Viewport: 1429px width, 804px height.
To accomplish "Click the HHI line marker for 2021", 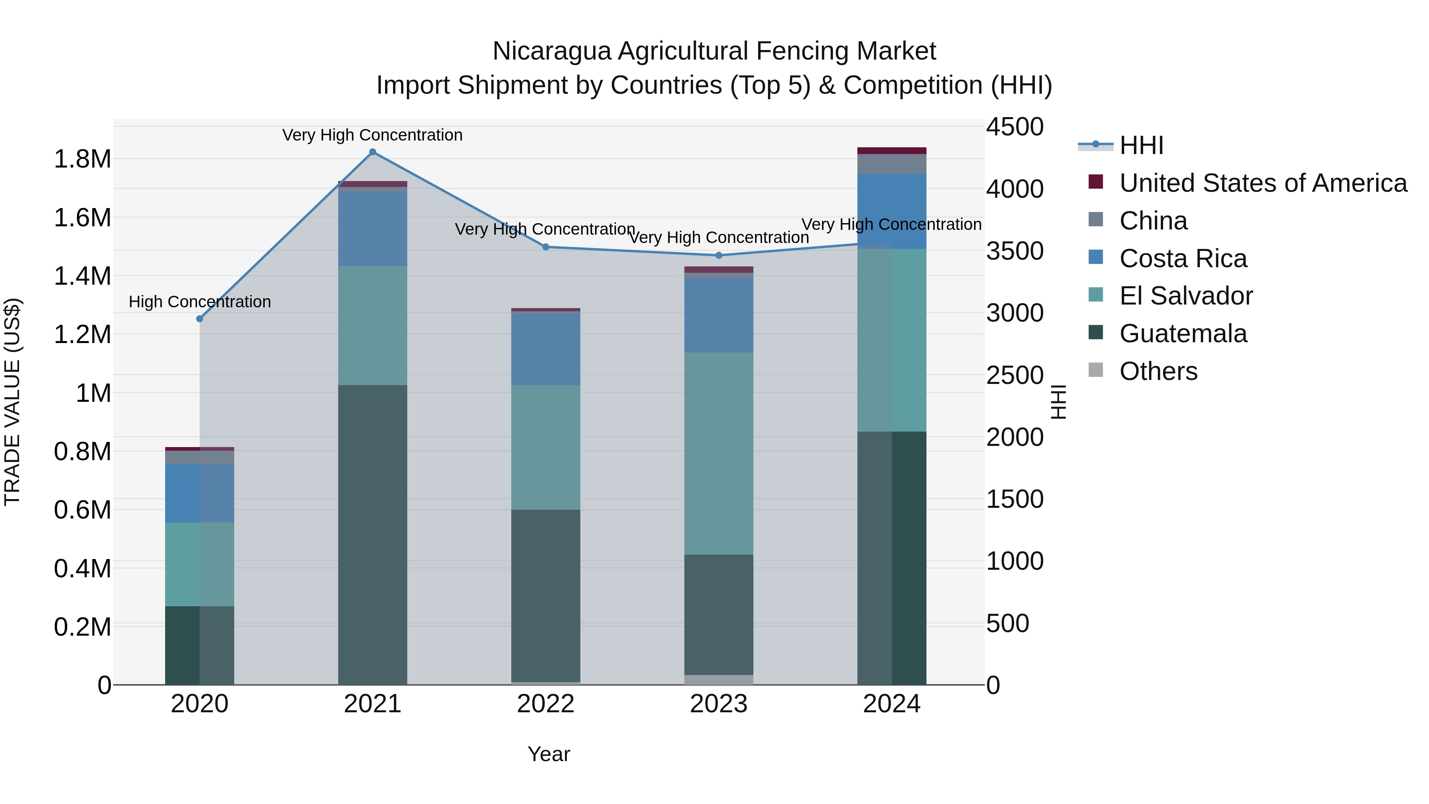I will click(373, 152).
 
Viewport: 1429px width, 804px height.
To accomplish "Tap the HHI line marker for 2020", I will click(200, 319).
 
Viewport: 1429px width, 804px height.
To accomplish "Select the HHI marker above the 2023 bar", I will click(719, 255).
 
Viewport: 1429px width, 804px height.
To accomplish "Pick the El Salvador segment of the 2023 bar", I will click(719, 453).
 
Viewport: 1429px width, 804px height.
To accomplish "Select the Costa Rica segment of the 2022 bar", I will click(546, 349).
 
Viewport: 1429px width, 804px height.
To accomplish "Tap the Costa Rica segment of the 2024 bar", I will click(892, 211).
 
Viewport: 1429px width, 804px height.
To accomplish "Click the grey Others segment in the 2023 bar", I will click(719, 680).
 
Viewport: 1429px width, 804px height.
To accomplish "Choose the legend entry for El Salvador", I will click(1185, 296).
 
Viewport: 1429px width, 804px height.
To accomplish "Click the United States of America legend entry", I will click(1263, 183).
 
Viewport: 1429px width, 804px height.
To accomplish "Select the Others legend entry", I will click(1158, 371).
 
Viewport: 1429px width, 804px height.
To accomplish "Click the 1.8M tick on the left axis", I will click(83, 159).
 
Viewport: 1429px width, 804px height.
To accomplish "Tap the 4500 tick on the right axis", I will click(1015, 127).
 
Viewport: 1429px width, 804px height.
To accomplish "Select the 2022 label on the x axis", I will click(546, 704).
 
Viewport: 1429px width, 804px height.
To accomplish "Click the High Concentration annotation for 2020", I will click(200, 302).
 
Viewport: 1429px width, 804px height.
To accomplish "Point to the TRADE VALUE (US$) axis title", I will click(12, 402).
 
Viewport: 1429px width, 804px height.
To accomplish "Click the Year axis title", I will click(549, 754).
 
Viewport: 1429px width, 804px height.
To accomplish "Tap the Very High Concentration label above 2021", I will click(372, 135).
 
